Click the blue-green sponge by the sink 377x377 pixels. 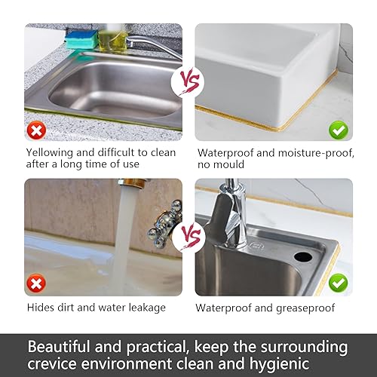pyautogui.click(x=81, y=40)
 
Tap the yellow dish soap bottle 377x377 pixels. pyautogui.click(x=113, y=39)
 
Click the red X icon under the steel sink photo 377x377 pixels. pyautogui.click(x=36, y=130)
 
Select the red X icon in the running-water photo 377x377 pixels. pyautogui.click(x=36, y=284)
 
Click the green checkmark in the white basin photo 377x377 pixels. pyautogui.click(x=339, y=130)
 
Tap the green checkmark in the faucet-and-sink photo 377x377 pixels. pyautogui.click(x=339, y=284)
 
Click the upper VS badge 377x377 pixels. pyautogui.click(x=188, y=82)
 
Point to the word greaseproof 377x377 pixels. pyautogui.click(x=305, y=308)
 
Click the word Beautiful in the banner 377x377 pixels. pyautogui.click(x=59, y=347)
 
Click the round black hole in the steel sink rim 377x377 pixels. pyautogui.click(x=303, y=256)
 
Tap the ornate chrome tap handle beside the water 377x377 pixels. pyautogui.click(x=164, y=223)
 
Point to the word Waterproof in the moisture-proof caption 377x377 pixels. pyautogui.click(x=225, y=153)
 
